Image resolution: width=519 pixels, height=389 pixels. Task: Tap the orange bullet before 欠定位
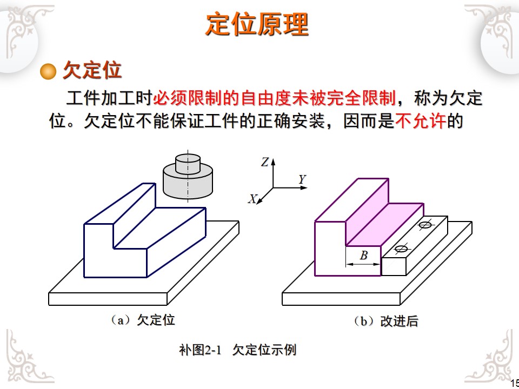pos(49,71)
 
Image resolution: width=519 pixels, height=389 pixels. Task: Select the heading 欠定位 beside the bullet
pos(92,70)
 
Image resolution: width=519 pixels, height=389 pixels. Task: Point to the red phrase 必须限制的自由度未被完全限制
pos(274,98)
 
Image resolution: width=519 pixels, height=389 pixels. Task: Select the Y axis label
pos(302,179)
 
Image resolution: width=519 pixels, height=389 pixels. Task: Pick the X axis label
pos(252,199)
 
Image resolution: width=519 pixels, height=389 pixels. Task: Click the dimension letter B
pos(364,256)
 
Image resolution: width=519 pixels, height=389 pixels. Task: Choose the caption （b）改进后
pos(385,321)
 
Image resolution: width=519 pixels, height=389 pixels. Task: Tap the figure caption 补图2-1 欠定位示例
pos(237,350)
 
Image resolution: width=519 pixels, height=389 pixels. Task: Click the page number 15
pos(514,383)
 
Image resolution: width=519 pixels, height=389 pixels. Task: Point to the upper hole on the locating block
pos(425,225)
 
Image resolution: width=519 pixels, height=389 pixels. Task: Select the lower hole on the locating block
pos(401,249)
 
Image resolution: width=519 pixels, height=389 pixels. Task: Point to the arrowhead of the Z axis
pos(273,161)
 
